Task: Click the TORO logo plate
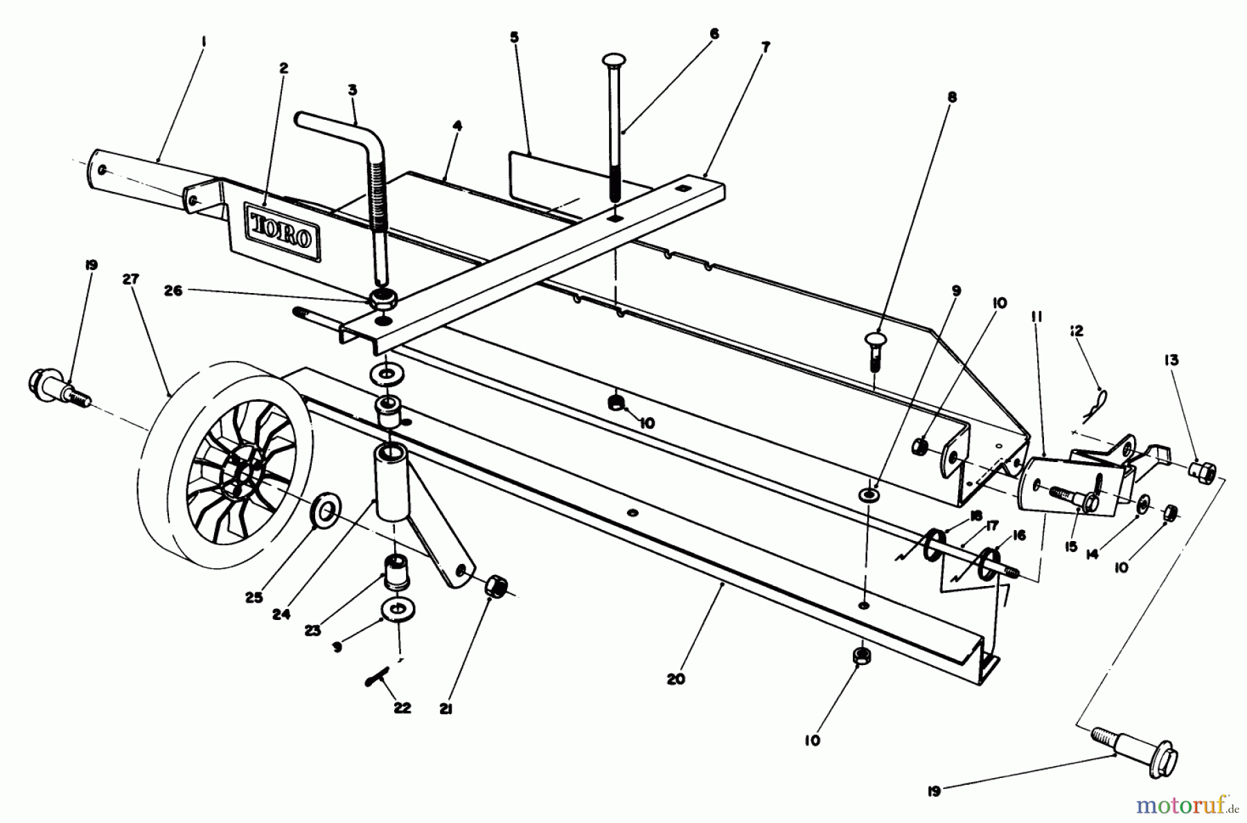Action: tap(280, 233)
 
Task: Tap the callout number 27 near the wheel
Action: tap(130, 279)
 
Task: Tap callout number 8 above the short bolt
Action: tap(952, 98)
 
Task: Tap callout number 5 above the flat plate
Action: tap(514, 37)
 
